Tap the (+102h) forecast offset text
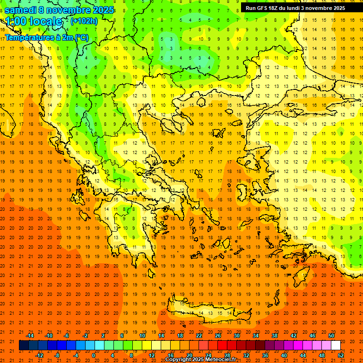84,21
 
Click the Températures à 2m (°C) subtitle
46,37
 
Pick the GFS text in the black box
262,8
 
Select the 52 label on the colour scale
341,355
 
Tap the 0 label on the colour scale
93,355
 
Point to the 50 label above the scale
331,336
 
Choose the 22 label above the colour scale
199,336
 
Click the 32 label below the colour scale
246,355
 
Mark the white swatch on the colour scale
336,346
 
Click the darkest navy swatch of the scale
24,346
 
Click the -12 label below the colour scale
39,355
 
